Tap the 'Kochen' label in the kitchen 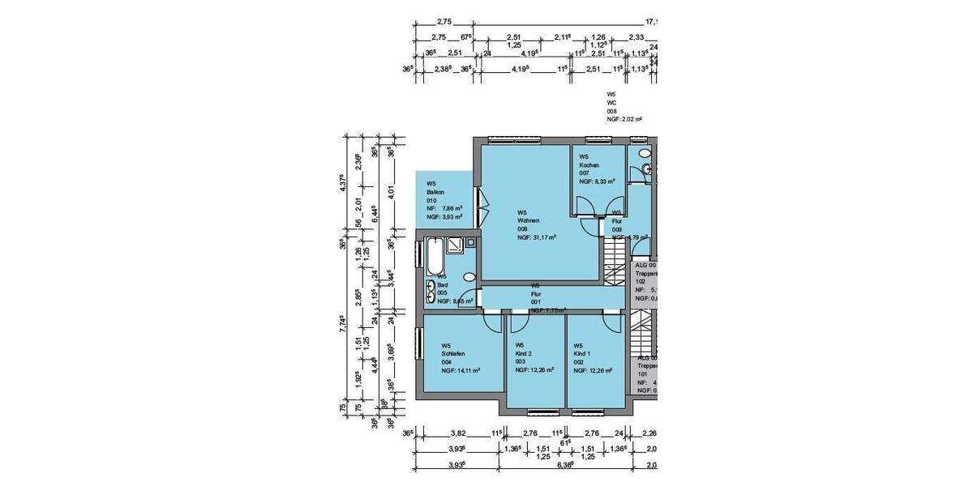pos(589,165)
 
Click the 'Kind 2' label pos(524,353)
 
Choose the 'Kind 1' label pos(582,353)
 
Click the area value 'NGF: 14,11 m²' pos(461,370)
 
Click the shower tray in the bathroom pos(459,245)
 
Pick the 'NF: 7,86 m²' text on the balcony pos(444,209)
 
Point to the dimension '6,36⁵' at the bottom pos(564,465)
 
